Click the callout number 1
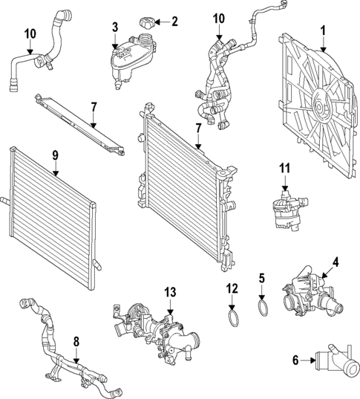(x=323, y=30)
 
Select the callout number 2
(x=174, y=22)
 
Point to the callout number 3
(x=115, y=27)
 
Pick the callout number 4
(x=336, y=262)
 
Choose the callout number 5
(x=262, y=279)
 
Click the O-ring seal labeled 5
(x=263, y=308)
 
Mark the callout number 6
(x=295, y=360)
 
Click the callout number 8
(x=76, y=342)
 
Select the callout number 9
(x=56, y=155)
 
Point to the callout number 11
(x=285, y=168)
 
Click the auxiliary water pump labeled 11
(x=289, y=209)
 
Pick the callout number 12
(x=232, y=288)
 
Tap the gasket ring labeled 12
(x=234, y=318)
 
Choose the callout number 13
(x=170, y=292)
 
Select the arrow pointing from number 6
(x=307, y=360)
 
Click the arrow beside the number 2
(x=163, y=22)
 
